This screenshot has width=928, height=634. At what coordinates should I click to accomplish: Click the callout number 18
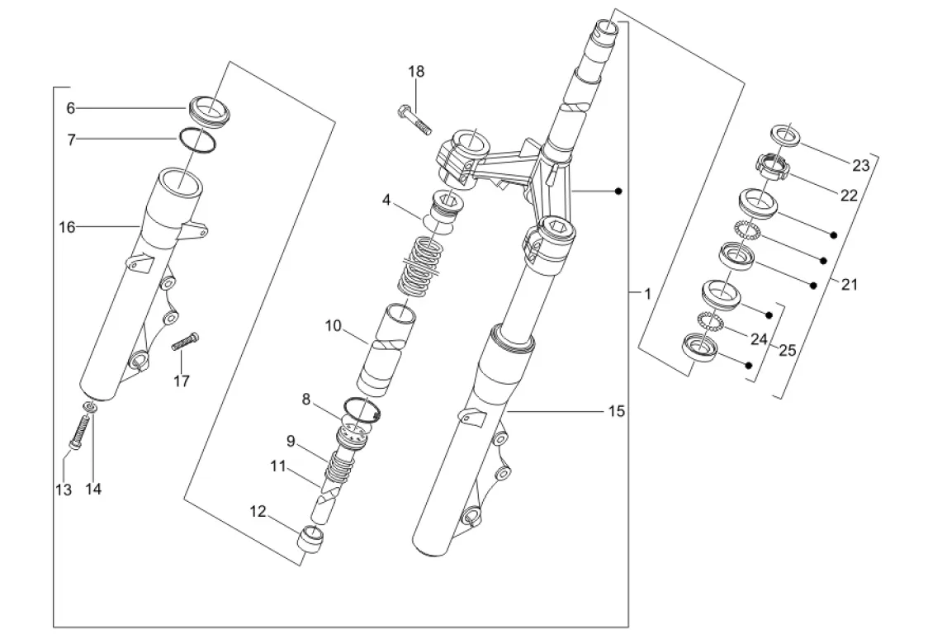pos(416,72)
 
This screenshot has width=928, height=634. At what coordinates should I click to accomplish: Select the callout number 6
pos(71,108)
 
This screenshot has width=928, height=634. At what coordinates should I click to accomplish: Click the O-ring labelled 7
pos(197,141)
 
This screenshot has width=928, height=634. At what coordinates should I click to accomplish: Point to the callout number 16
pos(67,227)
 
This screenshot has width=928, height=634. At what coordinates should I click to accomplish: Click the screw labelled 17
pos(185,342)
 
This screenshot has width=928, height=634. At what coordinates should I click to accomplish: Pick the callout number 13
pos(64,490)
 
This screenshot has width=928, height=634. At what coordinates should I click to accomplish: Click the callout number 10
pos(334,325)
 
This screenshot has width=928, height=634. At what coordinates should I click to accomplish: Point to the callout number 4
pos(386,200)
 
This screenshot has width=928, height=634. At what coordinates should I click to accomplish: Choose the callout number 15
pos(617,411)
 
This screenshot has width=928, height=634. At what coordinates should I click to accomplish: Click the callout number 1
pos(647,294)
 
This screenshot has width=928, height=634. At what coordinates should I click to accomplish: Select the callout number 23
pos(861,165)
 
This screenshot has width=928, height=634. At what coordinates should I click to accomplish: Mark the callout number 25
pos(787,351)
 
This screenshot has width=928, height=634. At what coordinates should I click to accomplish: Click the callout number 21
pos(850,285)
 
